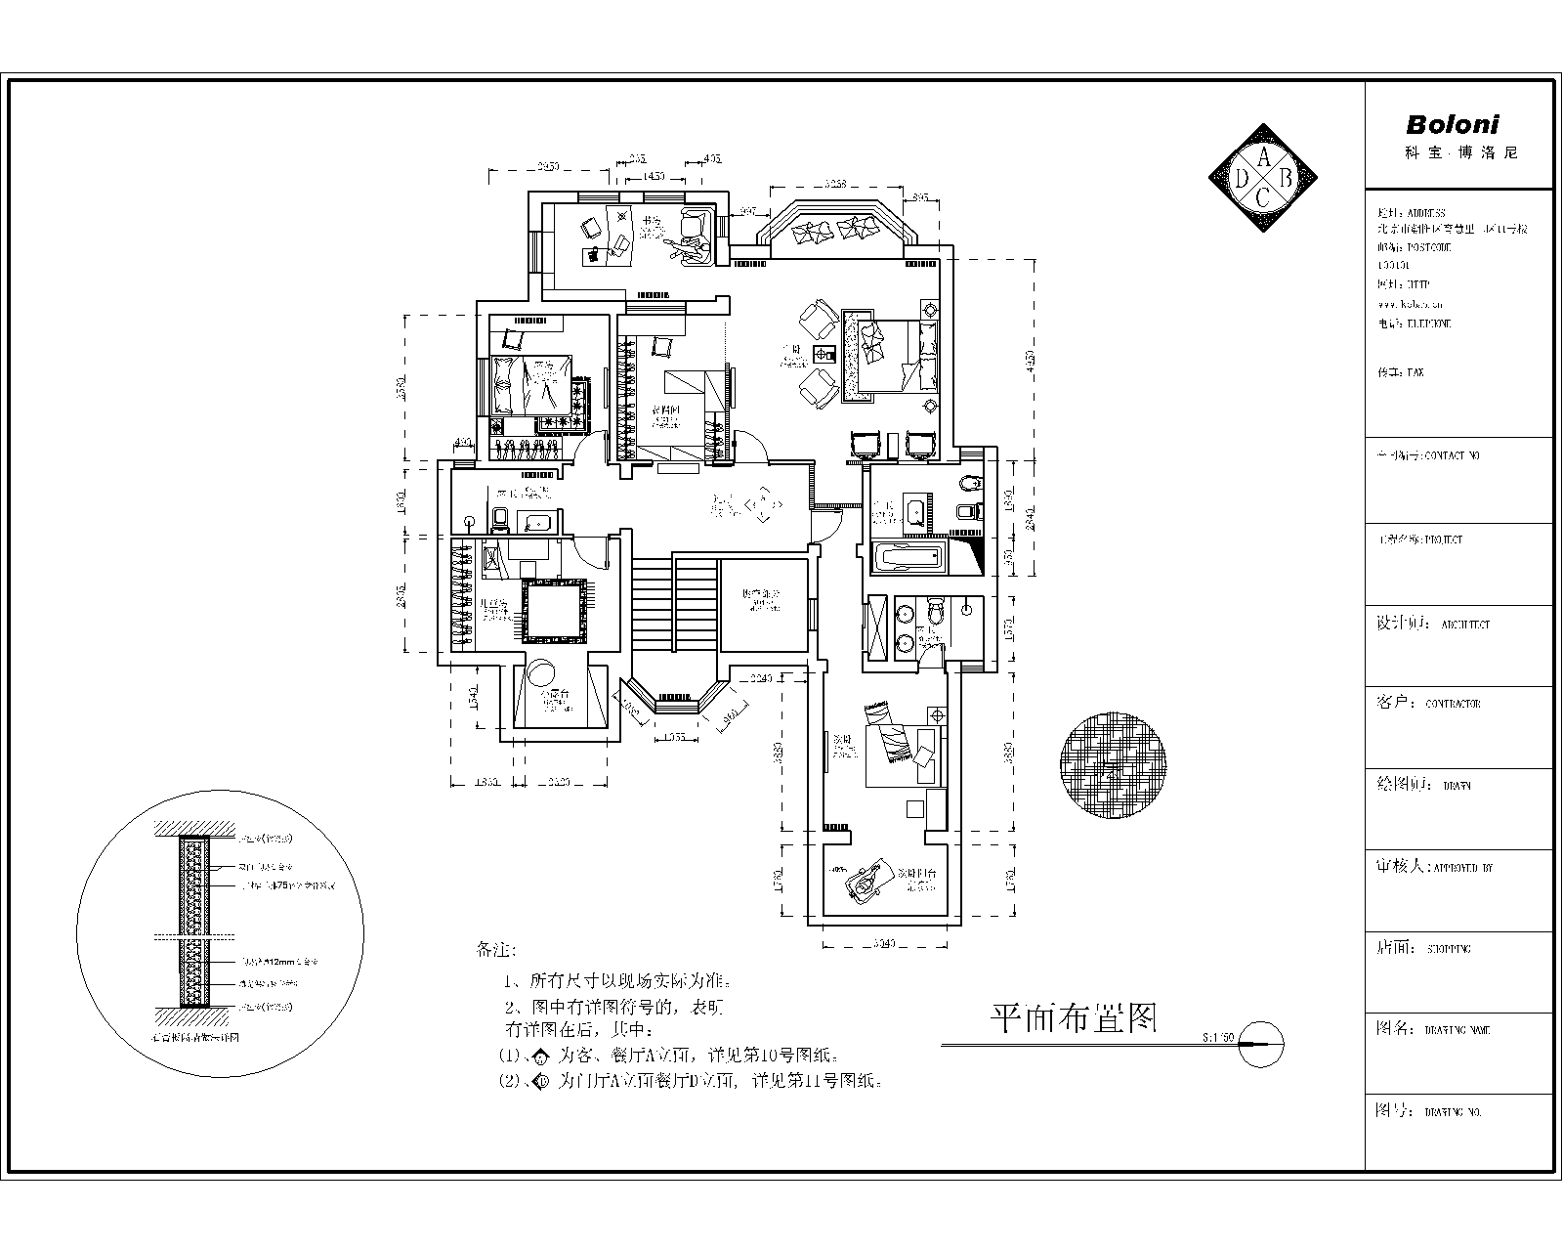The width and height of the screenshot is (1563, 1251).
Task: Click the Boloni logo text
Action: point(1452,125)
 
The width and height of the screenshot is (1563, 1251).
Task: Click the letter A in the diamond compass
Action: point(1263,155)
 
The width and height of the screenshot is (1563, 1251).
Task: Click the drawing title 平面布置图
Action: point(1074,1018)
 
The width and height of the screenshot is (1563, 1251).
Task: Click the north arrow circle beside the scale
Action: point(1259,1044)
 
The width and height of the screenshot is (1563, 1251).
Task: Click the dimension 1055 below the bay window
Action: point(674,737)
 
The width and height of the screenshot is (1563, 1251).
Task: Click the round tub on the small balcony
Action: point(540,673)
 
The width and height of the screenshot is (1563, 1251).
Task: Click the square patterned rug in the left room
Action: point(556,611)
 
